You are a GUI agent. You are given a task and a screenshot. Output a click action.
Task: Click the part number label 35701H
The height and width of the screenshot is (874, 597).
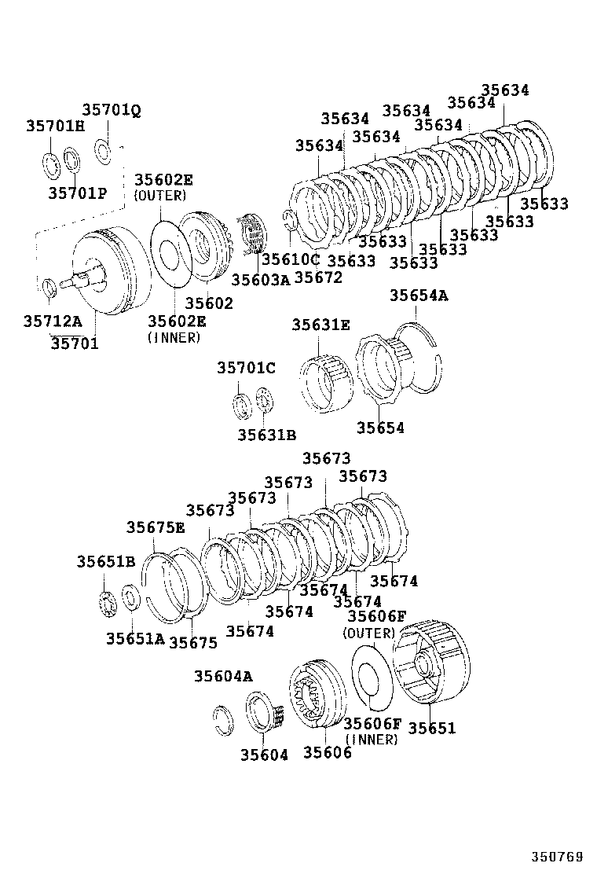tap(54, 126)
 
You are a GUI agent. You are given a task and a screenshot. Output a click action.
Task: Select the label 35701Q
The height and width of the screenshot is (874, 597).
tap(112, 111)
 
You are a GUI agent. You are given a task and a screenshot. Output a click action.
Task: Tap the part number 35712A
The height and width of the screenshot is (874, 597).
tap(53, 321)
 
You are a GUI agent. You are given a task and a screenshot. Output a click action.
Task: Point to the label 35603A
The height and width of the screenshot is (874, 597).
tap(260, 279)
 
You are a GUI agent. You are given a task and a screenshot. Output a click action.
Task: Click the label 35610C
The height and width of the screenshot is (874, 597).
tap(291, 259)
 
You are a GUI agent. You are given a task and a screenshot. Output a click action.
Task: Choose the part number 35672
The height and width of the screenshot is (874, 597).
tap(318, 277)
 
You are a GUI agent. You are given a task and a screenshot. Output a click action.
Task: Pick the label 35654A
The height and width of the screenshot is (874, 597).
tap(419, 296)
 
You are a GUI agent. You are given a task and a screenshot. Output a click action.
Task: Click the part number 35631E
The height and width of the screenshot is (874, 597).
tap(320, 325)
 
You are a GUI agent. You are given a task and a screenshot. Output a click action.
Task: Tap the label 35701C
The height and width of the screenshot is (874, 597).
tap(246, 368)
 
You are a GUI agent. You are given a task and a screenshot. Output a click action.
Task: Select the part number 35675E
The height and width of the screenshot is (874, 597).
tap(156, 527)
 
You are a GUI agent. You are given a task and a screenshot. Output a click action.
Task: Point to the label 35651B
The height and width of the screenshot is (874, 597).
tap(106, 561)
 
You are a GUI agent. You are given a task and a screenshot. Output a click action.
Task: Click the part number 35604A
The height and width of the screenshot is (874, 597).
tap(224, 676)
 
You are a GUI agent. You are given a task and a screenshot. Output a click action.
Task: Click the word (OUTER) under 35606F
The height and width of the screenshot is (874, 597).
tap(369, 633)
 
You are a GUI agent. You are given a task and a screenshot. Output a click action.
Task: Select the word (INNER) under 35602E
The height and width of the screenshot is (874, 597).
tap(174, 337)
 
